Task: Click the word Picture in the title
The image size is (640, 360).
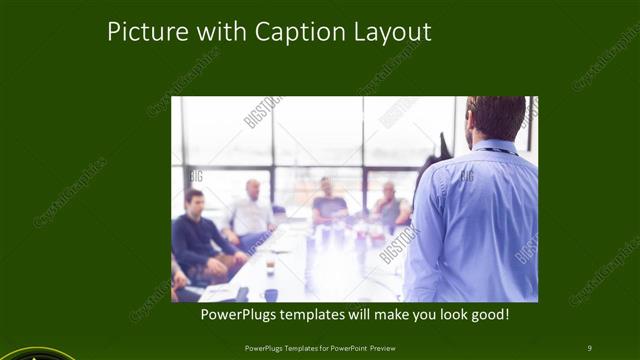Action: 141,32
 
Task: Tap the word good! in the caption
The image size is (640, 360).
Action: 490,316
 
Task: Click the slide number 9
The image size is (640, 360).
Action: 589,347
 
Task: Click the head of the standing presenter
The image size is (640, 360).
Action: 495,118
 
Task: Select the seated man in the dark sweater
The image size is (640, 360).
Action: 199,237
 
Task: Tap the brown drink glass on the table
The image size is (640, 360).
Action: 270,264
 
